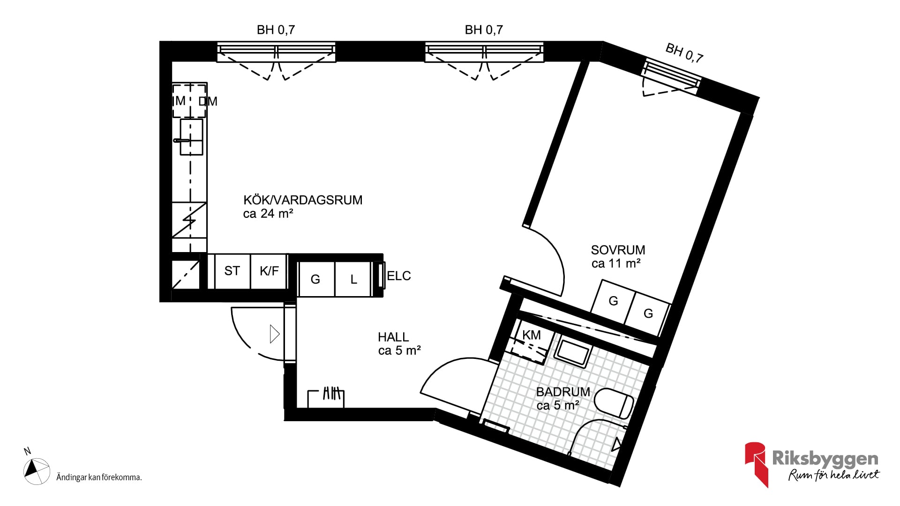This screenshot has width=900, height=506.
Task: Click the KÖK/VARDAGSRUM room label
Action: point(303,200)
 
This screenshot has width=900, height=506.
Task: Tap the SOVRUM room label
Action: point(618,250)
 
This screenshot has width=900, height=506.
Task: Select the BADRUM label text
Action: point(563,392)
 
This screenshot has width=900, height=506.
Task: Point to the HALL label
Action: point(393,337)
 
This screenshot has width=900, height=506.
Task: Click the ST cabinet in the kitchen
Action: point(232,271)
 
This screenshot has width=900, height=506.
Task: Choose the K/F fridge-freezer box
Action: point(269,271)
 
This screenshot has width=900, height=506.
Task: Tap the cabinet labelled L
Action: point(353,279)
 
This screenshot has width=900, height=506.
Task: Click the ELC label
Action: point(399,276)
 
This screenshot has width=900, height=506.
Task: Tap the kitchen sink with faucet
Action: point(190,137)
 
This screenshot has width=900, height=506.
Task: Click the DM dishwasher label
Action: point(208,101)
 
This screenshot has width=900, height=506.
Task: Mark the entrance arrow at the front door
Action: point(275,334)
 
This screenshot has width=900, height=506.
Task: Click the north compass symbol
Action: point(37,471)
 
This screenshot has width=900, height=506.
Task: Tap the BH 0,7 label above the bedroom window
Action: point(684,52)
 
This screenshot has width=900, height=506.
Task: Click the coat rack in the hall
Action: point(326,398)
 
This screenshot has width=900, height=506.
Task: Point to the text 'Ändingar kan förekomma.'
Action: point(99,477)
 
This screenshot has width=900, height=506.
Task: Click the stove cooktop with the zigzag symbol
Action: point(189,220)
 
